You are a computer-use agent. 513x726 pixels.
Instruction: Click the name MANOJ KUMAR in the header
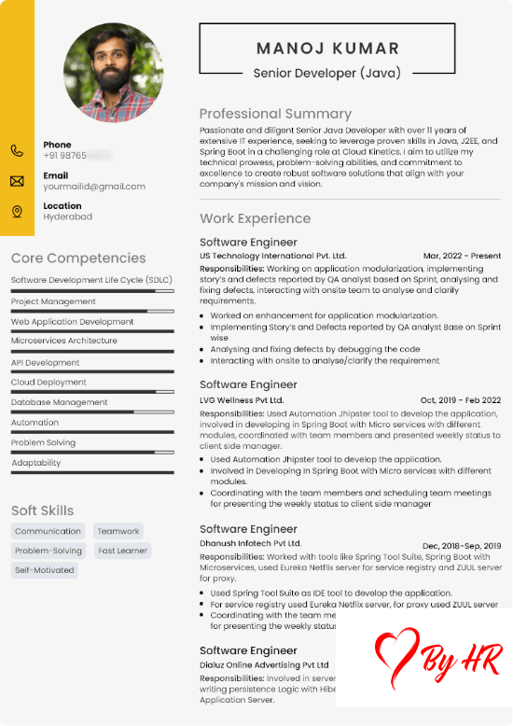point(327,49)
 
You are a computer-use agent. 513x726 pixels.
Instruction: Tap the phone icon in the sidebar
point(17,150)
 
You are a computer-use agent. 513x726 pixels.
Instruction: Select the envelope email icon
point(17,181)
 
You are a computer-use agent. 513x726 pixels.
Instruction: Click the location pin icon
point(17,212)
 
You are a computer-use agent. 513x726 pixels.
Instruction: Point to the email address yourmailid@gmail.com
point(94,187)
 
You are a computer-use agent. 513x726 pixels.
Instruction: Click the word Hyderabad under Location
point(67,216)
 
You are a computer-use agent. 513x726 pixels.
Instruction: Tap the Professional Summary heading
point(275,114)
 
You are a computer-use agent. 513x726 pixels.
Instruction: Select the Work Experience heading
point(255,218)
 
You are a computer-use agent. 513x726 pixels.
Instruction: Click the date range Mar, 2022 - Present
point(462,256)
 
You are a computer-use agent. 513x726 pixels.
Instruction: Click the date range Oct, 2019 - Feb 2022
point(461,399)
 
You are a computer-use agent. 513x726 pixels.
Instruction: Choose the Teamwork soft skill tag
point(118,531)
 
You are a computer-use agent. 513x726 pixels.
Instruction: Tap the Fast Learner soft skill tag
point(122,551)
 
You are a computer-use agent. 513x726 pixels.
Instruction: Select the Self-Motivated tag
point(44,570)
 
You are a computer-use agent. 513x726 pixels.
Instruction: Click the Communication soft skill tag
point(48,531)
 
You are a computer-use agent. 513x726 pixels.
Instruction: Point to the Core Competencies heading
point(78,258)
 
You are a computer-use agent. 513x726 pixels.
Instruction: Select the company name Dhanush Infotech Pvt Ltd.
point(250,543)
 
